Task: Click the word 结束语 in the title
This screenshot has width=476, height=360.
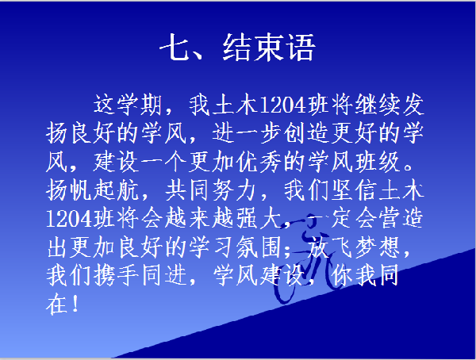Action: (269, 48)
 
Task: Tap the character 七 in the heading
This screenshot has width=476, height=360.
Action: (175, 48)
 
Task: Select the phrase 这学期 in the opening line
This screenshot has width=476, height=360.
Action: (128, 105)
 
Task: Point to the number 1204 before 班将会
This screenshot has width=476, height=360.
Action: (70, 219)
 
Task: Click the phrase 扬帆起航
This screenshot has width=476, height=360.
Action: (93, 190)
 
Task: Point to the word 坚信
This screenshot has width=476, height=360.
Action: (354, 190)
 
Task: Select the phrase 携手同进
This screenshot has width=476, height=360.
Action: (117, 276)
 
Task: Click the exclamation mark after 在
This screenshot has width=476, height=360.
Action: (75, 304)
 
